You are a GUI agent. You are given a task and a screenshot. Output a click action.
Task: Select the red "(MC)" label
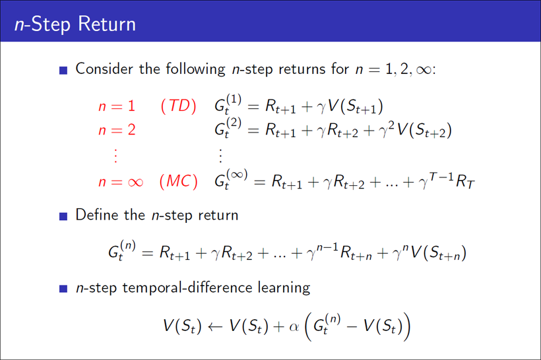pos(178,182)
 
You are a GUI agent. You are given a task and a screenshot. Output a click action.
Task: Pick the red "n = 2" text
pos(116,130)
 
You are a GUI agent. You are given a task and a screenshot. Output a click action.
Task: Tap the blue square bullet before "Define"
pos(63,216)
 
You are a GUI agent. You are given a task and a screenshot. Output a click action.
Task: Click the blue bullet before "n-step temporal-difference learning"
pos(63,288)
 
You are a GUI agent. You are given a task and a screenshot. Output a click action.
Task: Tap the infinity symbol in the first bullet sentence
pos(426,69)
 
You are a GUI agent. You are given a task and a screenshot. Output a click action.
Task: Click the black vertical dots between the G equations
pos(220,156)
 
